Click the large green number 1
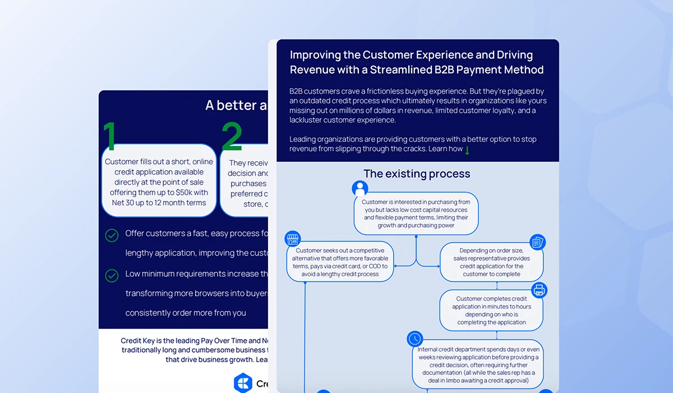tap(110, 136)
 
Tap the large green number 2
tap(232, 136)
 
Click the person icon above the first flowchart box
tap(359, 188)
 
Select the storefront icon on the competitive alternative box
tap(292, 238)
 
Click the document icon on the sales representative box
tap(537, 242)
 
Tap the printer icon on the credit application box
tap(539, 290)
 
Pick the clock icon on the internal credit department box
tap(414, 339)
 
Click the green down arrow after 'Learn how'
tap(467, 150)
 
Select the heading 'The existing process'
tap(417, 174)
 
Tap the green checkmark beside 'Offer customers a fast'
tap(112, 235)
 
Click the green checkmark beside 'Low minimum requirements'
tap(112, 276)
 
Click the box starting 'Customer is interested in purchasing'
tap(416, 213)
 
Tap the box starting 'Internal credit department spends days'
tap(478, 365)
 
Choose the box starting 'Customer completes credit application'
tap(491, 310)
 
